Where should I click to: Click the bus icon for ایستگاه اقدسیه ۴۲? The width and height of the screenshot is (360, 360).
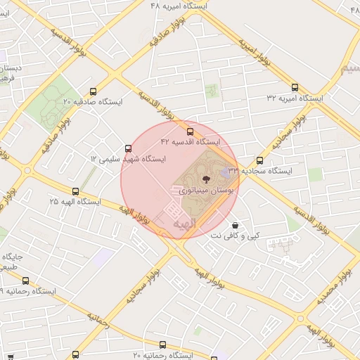click(190, 131)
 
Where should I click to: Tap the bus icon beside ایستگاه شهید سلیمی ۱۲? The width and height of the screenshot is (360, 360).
click(128, 148)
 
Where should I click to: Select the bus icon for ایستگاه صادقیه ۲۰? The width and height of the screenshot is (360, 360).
click(94, 91)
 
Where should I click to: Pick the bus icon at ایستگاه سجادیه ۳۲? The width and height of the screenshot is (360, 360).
click(260, 160)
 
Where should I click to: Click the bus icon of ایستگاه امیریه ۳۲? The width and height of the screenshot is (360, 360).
click(295, 88)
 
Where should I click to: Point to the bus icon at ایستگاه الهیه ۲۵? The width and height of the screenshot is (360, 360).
click(75, 191)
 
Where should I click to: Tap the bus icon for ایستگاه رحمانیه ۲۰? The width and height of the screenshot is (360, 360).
click(164, 345)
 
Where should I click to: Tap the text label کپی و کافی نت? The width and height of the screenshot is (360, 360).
click(235, 236)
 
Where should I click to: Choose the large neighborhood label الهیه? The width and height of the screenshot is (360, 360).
click(176, 224)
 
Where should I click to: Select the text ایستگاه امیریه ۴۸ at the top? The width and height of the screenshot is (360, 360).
click(180, 5)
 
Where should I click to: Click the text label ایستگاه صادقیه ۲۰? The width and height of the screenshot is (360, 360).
click(93, 102)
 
